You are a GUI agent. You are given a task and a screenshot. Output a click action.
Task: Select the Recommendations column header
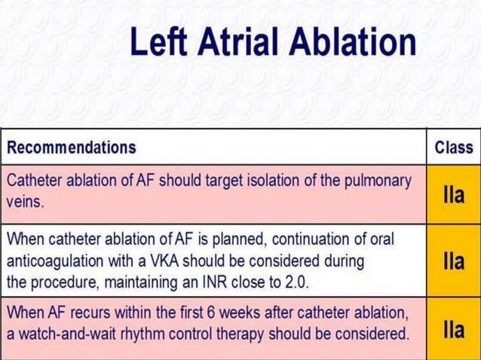click(x=72, y=148)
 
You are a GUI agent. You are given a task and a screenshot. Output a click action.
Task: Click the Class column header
click(x=454, y=148)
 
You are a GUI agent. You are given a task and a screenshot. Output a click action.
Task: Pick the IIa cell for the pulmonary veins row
click(x=454, y=192)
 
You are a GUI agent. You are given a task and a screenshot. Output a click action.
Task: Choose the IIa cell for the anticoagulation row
click(x=454, y=261)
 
